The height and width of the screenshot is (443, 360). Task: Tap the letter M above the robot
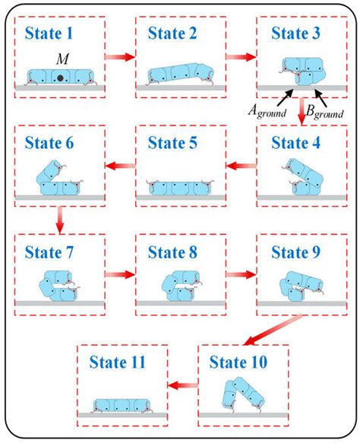click(58, 59)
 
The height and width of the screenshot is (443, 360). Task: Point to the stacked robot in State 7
click(57, 286)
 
